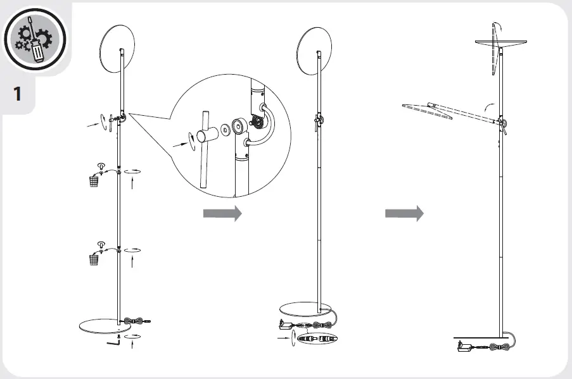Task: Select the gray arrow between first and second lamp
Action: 222,214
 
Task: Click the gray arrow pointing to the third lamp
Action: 404,214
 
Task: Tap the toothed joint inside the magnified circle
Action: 259,121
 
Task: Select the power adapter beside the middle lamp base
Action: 284,325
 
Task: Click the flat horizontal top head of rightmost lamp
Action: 500,41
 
